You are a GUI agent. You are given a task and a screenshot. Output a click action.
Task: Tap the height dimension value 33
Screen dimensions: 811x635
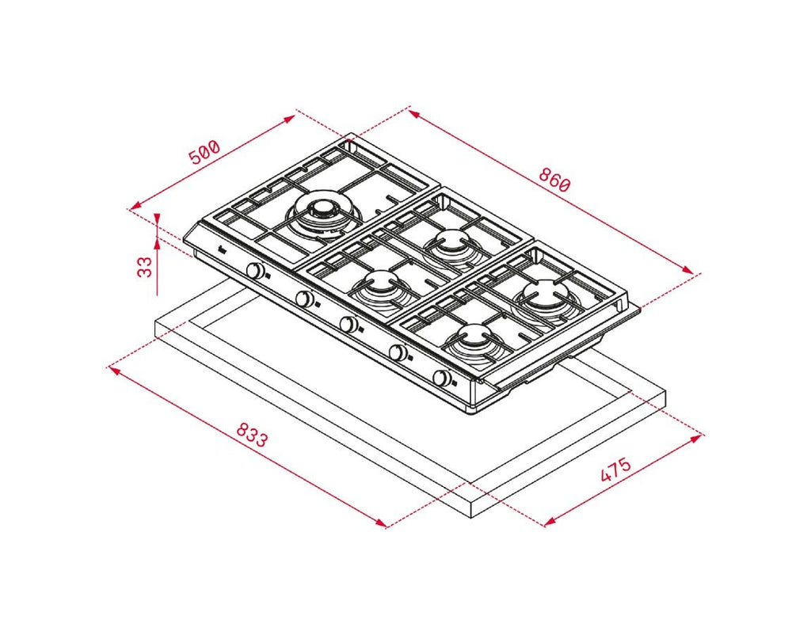(x=146, y=267)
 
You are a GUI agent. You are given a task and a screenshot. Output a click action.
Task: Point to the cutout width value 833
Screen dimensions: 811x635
(x=252, y=435)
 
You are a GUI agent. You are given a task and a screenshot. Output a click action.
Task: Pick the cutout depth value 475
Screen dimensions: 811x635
(x=615, y=470)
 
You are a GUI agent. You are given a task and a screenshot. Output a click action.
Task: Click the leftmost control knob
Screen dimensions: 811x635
(x=255, y=271)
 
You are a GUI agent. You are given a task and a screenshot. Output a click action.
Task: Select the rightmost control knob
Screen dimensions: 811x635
(x=441, y=378)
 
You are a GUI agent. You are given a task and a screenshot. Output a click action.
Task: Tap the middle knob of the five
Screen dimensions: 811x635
(x=348, y=324)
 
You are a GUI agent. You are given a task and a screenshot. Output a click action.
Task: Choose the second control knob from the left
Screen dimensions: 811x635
(x=305, y=298)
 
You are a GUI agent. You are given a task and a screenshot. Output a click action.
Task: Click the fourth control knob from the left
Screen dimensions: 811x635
(x=398, y=352)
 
